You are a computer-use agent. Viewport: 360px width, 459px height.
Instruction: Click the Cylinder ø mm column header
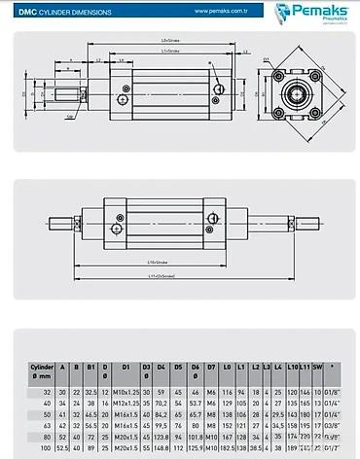click(40, 371)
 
